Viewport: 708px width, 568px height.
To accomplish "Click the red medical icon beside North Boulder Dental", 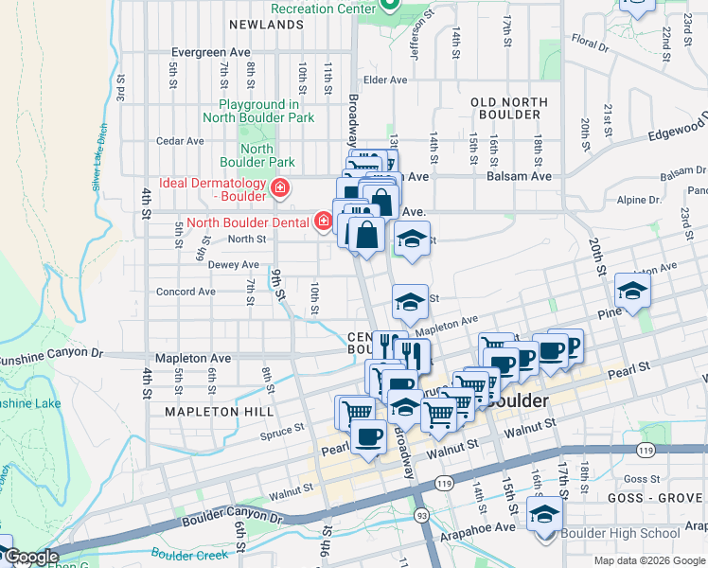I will click(x=324, y=222).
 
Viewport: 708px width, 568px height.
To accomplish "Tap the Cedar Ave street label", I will click(x=181, y=141).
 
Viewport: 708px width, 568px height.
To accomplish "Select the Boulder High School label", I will click(x=619, y=533).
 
